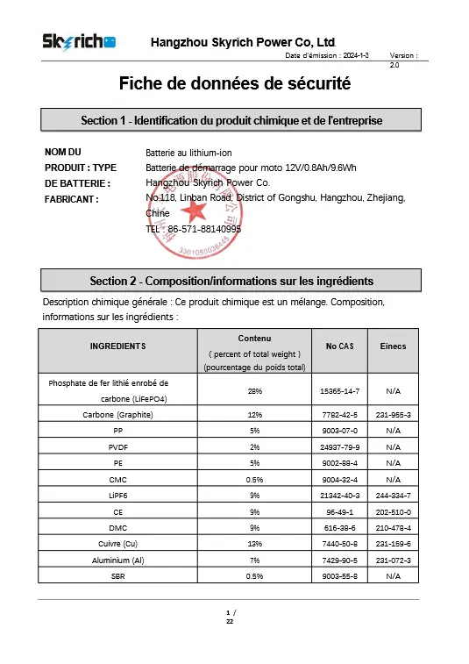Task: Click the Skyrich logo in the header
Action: click(80, 42)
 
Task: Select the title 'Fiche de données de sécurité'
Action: click(234, 84)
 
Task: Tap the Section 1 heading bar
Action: click(231, 120)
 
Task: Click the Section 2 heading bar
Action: click(231, 281)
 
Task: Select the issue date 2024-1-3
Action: click(351, 55)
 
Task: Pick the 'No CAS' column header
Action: click(339, 346)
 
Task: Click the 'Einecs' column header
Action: click(393, 346)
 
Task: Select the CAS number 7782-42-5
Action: click(339, 414)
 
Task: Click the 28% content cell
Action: click(254, 390)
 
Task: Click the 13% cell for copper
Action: click(254, 543)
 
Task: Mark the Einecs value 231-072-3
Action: click(393, 560)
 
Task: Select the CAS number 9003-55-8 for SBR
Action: click(339, 575)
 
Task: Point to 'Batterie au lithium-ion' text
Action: click(188, 153)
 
